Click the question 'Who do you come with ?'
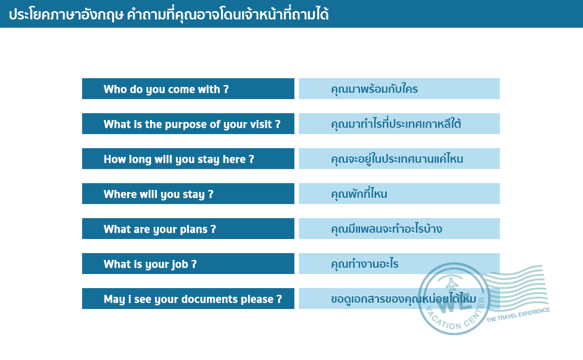[x=166, y=89]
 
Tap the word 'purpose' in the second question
[x=186, y=124]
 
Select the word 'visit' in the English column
[x=261, y=124]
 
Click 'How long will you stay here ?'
[x=179, y=159]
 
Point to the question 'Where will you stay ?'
[x=158, y=194]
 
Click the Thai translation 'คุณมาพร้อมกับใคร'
[x=374, y=89]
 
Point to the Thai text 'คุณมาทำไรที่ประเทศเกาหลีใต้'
[x=396, y=124]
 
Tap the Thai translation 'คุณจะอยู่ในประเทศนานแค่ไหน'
[x=397, y=158]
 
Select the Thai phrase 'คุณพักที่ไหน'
[x=359, y=193]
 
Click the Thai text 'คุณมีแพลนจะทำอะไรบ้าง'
[x=387, y=228]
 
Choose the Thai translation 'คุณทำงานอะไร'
[x=365, y=264]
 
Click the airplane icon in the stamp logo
[x=452, y=284]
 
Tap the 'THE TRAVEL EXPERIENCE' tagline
[x=518, y=315]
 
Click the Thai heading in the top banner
[x=169, y=14]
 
